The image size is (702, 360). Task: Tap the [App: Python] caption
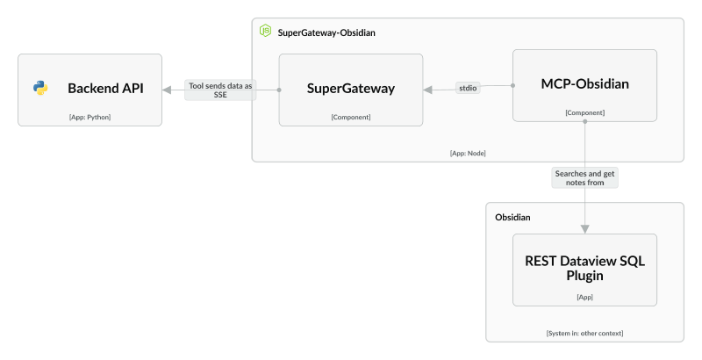click(90, 117)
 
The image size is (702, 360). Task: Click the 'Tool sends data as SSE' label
click(219, 90)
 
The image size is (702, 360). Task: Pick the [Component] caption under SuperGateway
click(351, 117)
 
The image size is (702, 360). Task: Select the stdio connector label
click(469, 87)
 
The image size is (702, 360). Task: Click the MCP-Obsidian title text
click(585, 84)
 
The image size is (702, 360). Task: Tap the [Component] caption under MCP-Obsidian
click(585, 112)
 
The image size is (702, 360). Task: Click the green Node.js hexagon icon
click(265, 32)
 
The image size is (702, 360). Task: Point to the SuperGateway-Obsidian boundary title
click(326, 32)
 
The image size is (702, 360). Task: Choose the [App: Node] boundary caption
click(468, 153)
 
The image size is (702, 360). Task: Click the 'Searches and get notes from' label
click(585, 178)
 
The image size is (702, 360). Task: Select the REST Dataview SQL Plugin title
click(585, 268)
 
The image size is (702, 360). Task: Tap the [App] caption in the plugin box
click(585, 298)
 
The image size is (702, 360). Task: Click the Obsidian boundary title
click(512, 217)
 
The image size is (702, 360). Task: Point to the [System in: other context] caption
click(585, 333)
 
